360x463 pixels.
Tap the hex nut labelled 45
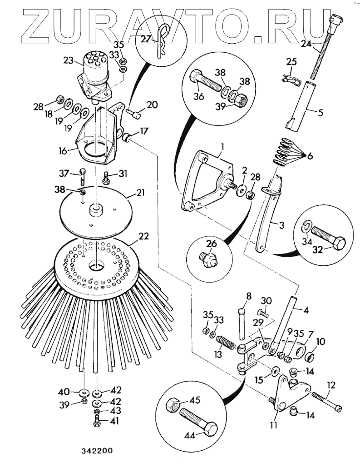(x=173, y=403)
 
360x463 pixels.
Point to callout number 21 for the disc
(x=141, y=193)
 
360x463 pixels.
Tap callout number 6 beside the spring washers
(x=309, y=155)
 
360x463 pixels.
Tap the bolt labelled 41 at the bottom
(x=97, y=423)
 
